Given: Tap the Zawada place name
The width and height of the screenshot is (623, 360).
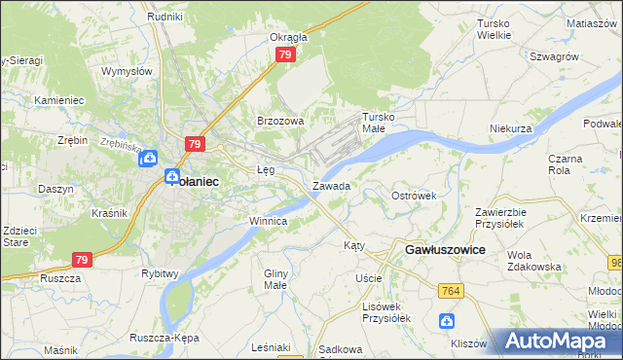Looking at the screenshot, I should tap(331, 185).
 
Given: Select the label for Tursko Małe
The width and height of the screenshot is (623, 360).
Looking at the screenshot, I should tap(381, 122).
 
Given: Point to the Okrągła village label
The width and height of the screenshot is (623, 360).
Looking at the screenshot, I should tap(288, 37).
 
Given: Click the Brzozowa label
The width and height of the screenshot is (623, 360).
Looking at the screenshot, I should tap(280, 121).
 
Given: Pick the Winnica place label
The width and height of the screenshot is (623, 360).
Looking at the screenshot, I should tap(268, 221).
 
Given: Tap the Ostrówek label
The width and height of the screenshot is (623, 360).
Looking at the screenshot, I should tap(414, 196).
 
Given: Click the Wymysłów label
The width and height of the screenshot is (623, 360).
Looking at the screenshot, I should tap(128, 71).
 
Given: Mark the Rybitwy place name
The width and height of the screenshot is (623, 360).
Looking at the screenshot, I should tap(160, 273).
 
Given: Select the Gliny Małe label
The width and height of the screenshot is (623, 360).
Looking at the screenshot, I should tap(276, 279).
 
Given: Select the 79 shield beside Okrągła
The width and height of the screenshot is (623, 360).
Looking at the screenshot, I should tap(284, 55).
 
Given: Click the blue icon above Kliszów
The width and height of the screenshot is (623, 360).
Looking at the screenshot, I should tap(446, 320).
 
